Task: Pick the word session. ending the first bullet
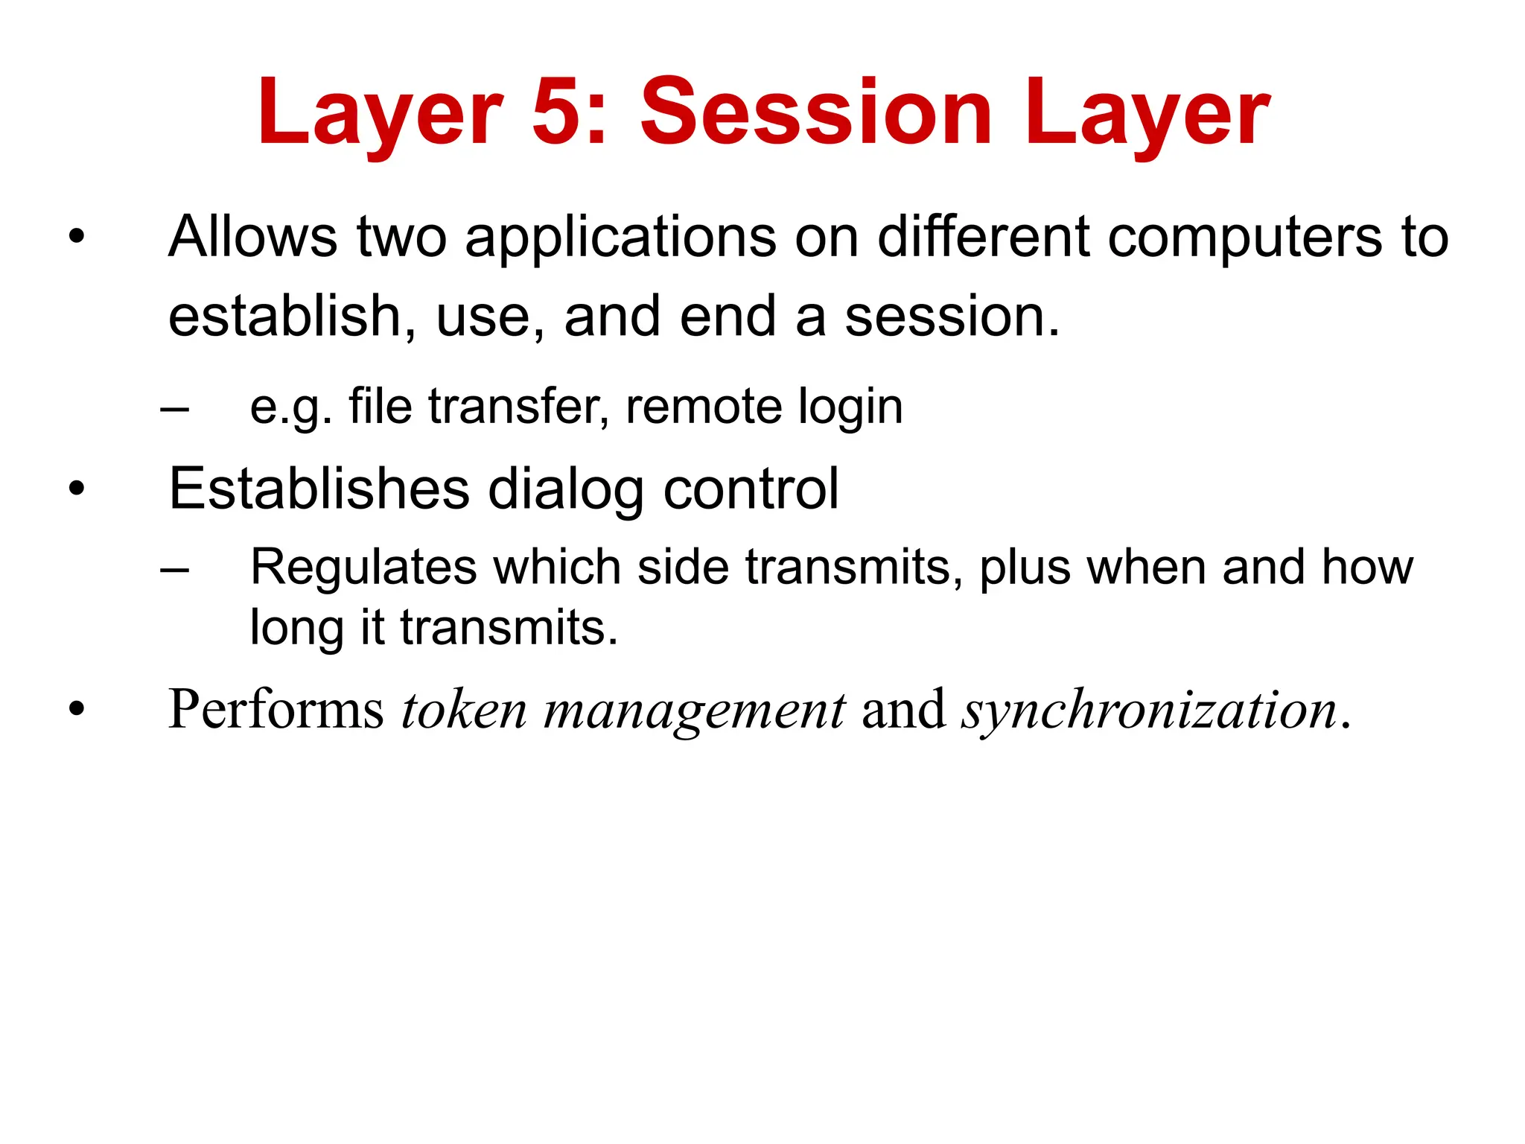click(952, 317)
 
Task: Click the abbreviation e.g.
click(290, 408)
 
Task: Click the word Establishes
click(319, 489)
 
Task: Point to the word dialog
click(566, 490)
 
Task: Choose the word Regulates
click(363, 568)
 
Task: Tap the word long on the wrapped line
click(296, 628)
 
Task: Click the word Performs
click(276, 709)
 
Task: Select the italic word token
click(464, 709)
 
